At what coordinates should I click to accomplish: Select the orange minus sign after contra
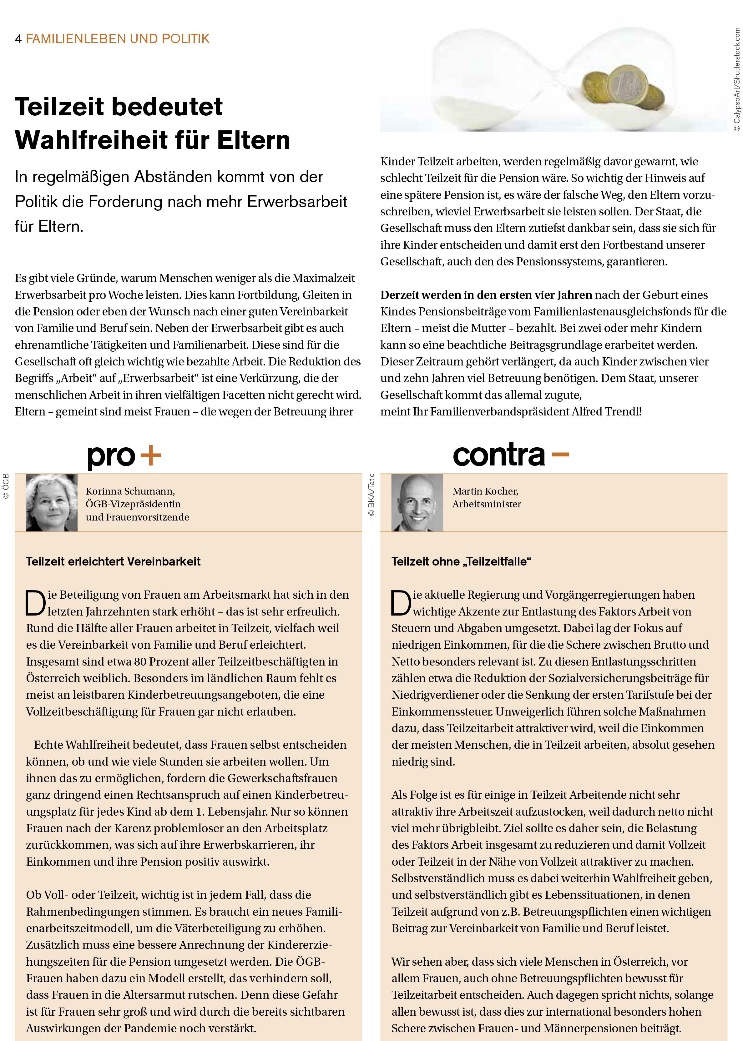[560, 454]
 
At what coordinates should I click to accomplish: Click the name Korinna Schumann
[130, 491]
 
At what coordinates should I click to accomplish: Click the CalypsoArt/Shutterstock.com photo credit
[737, 80]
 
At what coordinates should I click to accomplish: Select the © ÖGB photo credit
[6, 486]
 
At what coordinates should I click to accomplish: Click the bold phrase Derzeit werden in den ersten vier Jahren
[486, 295]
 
